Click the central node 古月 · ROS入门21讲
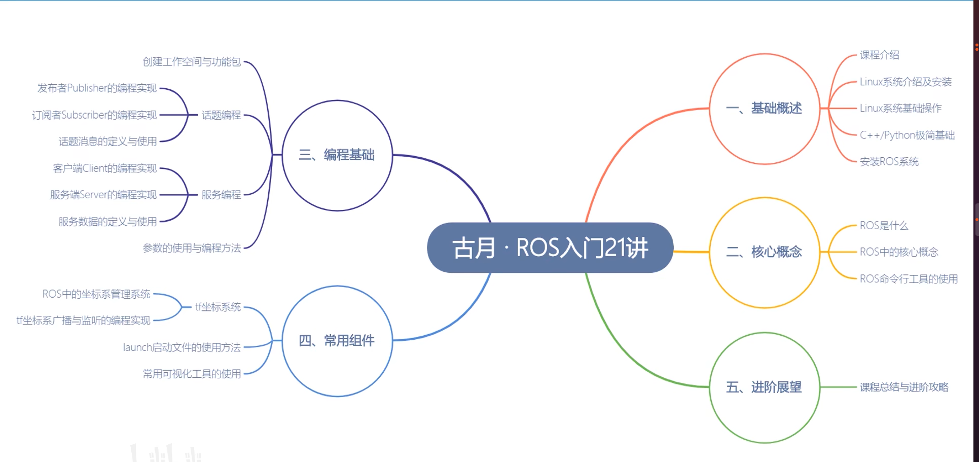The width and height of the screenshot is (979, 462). point(550,248)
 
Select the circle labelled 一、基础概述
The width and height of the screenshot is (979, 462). point(765,109)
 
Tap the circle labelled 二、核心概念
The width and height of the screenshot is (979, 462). point(765,252)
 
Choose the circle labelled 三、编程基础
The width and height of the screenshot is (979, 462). point(337,155)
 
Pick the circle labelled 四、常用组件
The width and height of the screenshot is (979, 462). point(337,341)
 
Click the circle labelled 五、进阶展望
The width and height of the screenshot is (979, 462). point(765,387)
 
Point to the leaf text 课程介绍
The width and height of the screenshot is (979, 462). point(880,55)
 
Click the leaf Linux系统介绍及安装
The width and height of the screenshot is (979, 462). point(905,82)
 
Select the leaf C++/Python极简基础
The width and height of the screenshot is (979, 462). point(907,135)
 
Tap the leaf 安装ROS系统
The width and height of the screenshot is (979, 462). point(889,162)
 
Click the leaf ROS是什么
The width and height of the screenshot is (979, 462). point(884,226)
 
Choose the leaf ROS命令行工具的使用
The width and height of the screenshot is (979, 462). point(909,279)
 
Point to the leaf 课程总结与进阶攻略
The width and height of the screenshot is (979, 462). point(904,387)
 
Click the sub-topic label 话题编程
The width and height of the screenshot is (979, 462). point(221,115)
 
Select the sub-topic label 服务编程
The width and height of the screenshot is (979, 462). point(221,195)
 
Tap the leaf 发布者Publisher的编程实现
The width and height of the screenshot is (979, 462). point(97,88)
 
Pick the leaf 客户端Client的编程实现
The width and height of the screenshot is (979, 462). point(105,168)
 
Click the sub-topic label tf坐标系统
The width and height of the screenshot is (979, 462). point(218,307)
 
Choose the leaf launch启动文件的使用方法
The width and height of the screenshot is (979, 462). point(182,347)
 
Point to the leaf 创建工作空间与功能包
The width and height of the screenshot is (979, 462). point(192,62)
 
